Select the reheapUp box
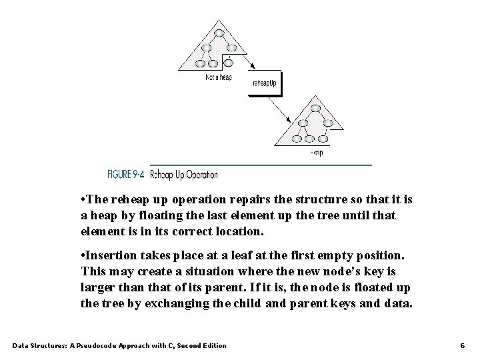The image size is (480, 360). [x=266, y=84]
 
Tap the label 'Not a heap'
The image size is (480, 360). [x=219, y=77]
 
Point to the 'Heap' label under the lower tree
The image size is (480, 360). [x=317, y=153]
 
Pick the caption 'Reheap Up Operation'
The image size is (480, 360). [x=184, y=175]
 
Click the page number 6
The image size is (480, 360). [x=462, y=345]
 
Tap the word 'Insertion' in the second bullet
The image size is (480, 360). [x=111, y=256]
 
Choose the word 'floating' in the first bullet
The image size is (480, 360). [x=157, y=216]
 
